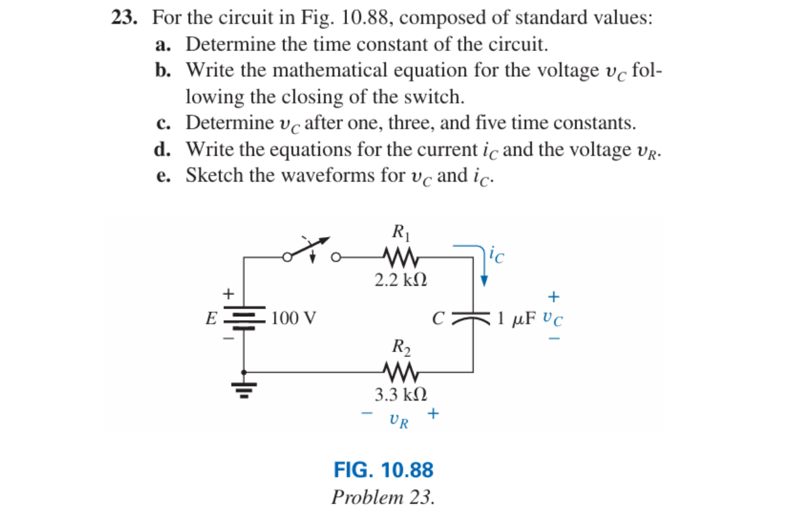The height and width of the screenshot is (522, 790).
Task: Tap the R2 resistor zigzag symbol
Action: pos(401,371)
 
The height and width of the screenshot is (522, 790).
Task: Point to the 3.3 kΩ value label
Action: pos(401,394)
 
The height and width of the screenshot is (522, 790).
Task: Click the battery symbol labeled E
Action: pos(245,318)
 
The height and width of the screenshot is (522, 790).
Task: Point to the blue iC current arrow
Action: pos(484,265)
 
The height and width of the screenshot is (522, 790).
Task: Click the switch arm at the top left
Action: pos(308,246)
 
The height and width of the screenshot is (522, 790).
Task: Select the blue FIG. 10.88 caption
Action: pos(383,470)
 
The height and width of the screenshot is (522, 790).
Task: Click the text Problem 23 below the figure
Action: pos(383,497)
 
